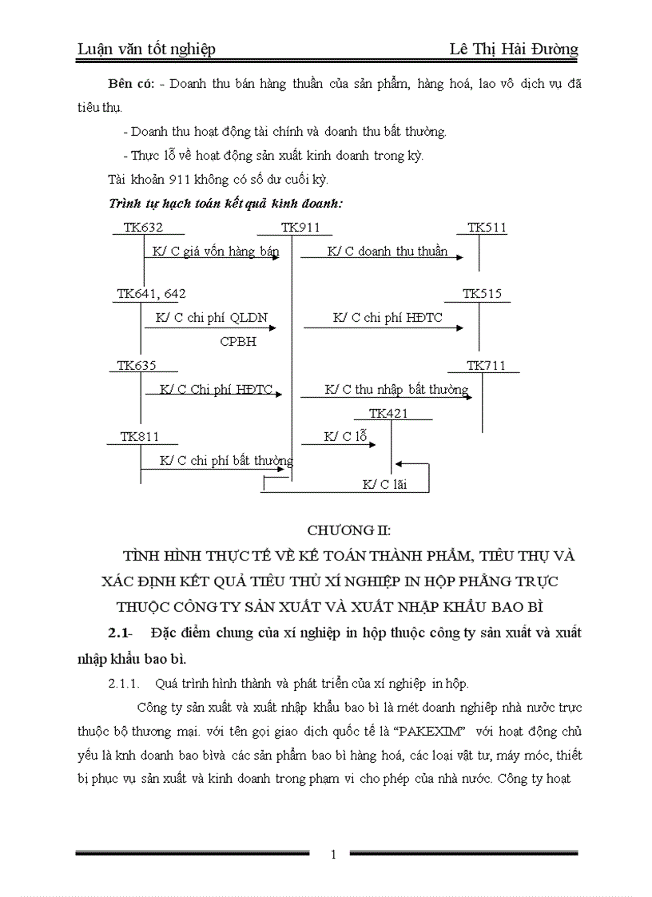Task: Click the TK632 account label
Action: point(143,228)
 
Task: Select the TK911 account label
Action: point(300,228)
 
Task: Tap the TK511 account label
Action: point(487,228)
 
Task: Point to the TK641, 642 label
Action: point(151,294)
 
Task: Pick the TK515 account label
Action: point(482,294)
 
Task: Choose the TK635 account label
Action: point(137,365)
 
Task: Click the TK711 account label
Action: point(487,365)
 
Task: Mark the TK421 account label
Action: point(388,413)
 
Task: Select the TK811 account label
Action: point(140,436)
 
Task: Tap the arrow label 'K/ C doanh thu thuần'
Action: point(388,252)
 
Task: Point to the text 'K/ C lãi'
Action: point(384,484)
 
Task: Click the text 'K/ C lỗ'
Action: point(345,436)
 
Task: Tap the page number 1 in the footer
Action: point(333,855)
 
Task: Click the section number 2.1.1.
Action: point(125,683)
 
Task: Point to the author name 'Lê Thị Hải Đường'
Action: point(514,50)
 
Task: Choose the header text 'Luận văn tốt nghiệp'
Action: point(146,50)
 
